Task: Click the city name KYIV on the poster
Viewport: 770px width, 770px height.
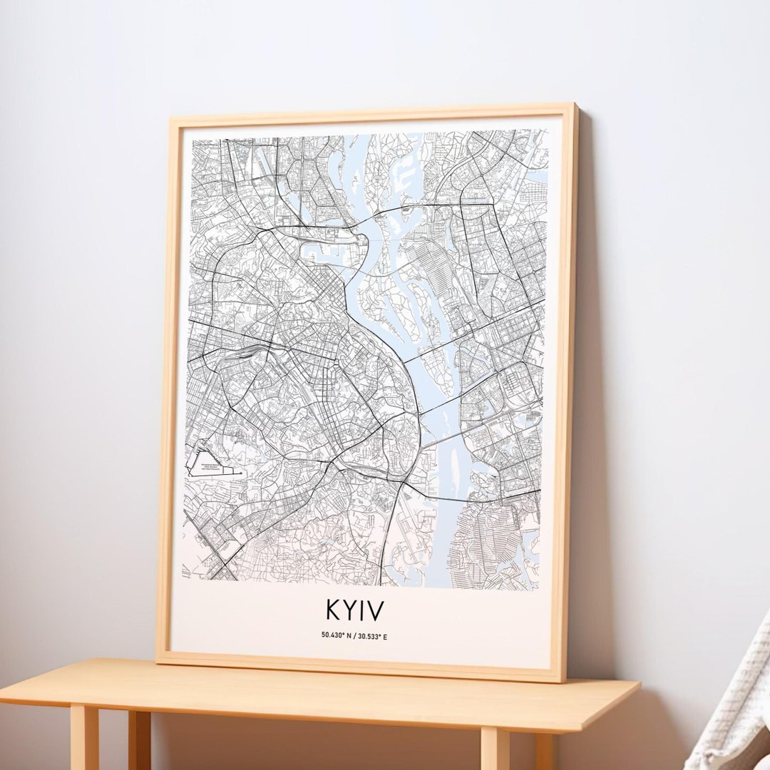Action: (x=355, y=610)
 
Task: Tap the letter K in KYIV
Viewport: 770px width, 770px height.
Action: (x=333, y=610)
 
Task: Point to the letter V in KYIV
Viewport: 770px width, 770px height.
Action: (x=376, y=610)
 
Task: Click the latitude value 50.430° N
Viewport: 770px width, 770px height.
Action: (x=337, y=636)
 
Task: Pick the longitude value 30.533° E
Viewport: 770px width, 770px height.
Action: (x=373, y=636)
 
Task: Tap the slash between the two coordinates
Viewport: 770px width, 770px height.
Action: (x=355, y=636)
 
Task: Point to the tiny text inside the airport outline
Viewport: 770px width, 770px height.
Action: (x=211, y=468)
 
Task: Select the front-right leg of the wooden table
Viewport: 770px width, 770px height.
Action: (x=495, y=749)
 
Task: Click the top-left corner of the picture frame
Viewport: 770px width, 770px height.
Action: (x=168, y=120)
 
